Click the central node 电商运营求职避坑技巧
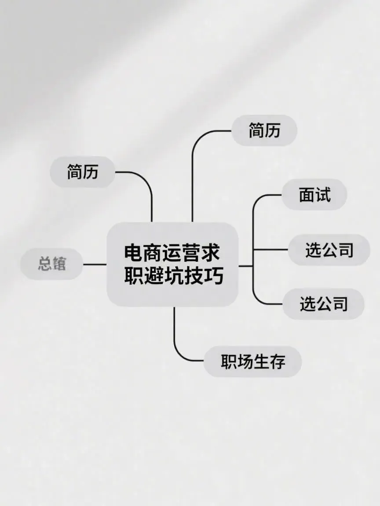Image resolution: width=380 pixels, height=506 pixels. pyautogui.click(x=172, y=264)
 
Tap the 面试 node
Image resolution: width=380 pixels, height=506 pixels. pyautogui.click(x=314, y=195)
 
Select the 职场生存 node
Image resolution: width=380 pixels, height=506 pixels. pyautogui.click(x=253, y=362)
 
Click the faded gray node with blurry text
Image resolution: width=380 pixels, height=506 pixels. pyautogui.click(x=52, y=264)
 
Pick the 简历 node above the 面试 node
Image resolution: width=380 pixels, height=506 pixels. pyautogui.click(x=264, y=130)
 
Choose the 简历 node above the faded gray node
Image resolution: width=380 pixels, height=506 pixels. pyautogui.click(x=83, y=172)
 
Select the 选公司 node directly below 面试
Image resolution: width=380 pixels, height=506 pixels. pyautogui.click(x=329, y=250)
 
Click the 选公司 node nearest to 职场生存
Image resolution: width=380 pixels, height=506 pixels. pyautogui.click(x=323, y=304)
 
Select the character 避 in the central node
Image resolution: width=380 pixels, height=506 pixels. pyautogui.click(x=152, y=276)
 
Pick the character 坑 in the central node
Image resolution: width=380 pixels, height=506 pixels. pyautogui.click(x=172, y=276)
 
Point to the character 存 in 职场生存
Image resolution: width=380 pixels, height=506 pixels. pyautogui.click(x=278, y=362)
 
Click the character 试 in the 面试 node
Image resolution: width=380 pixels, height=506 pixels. pyautogui.click(x=323, y=195)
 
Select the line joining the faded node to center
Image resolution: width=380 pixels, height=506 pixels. pyautogui.click(x=95, y=264)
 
